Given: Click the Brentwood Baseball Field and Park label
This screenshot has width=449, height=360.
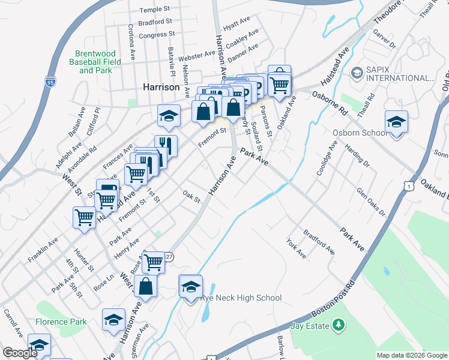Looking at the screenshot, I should pyautogui.click(x=97, y=62).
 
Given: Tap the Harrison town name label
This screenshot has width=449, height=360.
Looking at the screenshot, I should pyautogui.click(x=161, y=87).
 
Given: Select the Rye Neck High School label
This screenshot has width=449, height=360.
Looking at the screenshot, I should pyautogui.click(x=241, y=298).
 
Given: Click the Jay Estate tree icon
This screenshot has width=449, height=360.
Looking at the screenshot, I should pyautogui.click(x=340, y=325).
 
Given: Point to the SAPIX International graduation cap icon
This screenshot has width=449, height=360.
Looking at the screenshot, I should pyautogui.click(x=357, y=73).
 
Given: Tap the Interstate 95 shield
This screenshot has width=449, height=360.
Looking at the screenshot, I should pyautogui.click(x=47, y=82).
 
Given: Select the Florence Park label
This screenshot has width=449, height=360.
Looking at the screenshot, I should pyautogui.click(x=61, y=322).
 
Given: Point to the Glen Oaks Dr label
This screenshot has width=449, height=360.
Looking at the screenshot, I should pyautogui.click(x=370, y=202).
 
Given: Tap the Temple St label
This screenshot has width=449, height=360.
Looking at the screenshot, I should pyautogui.click(x=155, y=10).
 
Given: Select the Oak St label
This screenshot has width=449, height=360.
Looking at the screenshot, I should pyautogui.click(x=191, y=197).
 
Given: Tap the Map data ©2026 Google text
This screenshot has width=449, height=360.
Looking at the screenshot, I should pyautogui.click(x=412, y=355).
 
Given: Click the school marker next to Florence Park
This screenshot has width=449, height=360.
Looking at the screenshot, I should pyautogui.click(x=113, y=320).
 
